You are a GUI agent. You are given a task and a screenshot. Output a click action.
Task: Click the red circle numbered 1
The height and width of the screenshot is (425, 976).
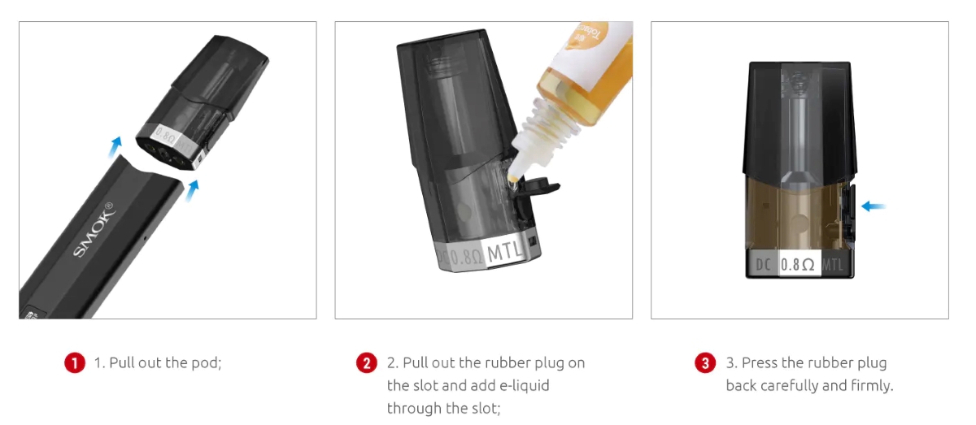pos(74,363)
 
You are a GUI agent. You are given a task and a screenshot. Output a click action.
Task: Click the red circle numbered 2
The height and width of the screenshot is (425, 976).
pos(367,363)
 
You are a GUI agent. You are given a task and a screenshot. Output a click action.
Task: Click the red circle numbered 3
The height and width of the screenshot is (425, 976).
pos(705,363)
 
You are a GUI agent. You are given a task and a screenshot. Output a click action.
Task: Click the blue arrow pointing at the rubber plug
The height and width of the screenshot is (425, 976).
pos(874,206)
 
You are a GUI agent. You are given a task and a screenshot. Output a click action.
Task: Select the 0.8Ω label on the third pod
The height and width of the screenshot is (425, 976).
pos(798,265)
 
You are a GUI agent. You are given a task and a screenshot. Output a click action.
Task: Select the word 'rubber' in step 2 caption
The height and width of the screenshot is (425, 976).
pos(508,363)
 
